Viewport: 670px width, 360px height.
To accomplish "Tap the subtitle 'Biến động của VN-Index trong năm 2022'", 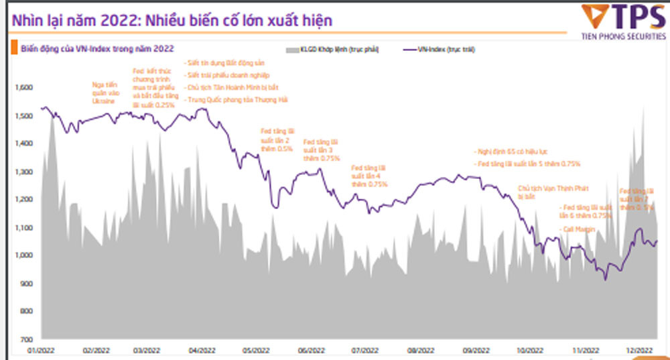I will tap(93, 49).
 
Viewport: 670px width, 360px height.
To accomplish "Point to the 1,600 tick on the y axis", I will tap(24, 88).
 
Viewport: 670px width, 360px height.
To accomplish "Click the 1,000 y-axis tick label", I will tap(24, 255).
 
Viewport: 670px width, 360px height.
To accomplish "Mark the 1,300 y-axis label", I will tap(24, 172).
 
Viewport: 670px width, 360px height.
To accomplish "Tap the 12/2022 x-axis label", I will tap(639, 351).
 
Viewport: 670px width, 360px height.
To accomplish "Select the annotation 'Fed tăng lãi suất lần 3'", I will tap(321, 150).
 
